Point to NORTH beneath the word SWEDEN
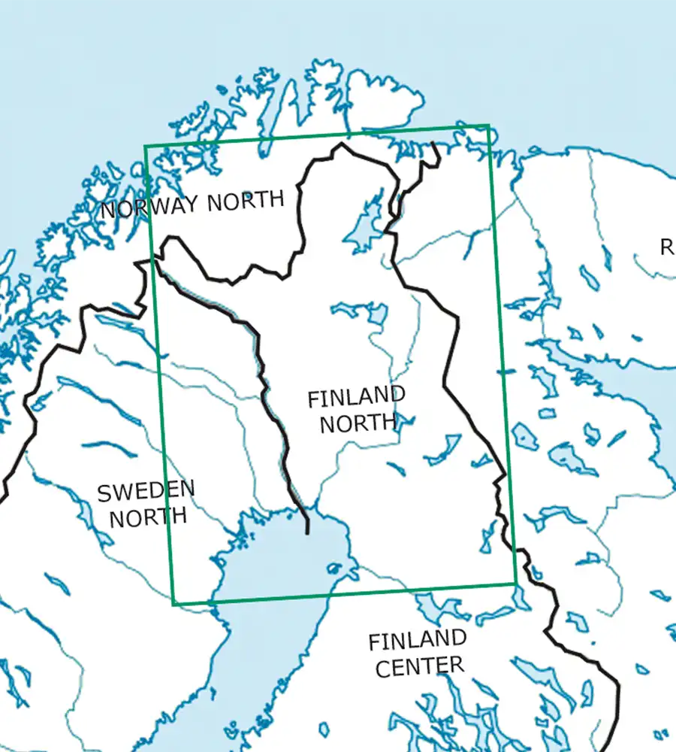tap(147, 517)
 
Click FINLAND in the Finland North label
tap(356, 397)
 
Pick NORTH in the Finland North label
tap(358, 423)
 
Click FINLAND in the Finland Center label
tap(417, 641)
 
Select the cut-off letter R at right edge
tap(666, 247)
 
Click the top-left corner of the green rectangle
tap(145, 146)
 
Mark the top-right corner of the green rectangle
tap(489, 126)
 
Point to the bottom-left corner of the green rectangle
tap(174, 604)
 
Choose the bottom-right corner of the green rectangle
tap(516, 584)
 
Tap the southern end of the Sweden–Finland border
tap(307, 533)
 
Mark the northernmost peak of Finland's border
tap(343, 144)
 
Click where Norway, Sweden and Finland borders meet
tap(155, 258)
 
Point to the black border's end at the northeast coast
tap(435, 142)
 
